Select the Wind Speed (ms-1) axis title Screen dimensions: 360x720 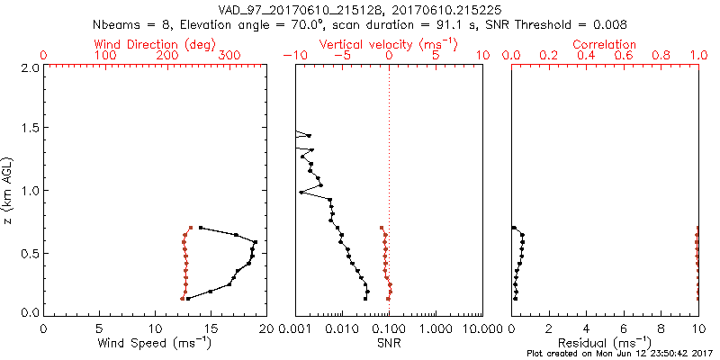155,343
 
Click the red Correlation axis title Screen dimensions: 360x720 605,44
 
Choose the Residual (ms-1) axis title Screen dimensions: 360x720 605,343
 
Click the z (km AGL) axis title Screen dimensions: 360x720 8,189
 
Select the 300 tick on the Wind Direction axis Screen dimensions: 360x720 229,56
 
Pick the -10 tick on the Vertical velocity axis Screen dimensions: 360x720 293,56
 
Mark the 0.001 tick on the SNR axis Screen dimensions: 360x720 295,328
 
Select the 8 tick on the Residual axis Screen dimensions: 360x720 661,328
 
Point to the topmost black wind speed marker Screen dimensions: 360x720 201,228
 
